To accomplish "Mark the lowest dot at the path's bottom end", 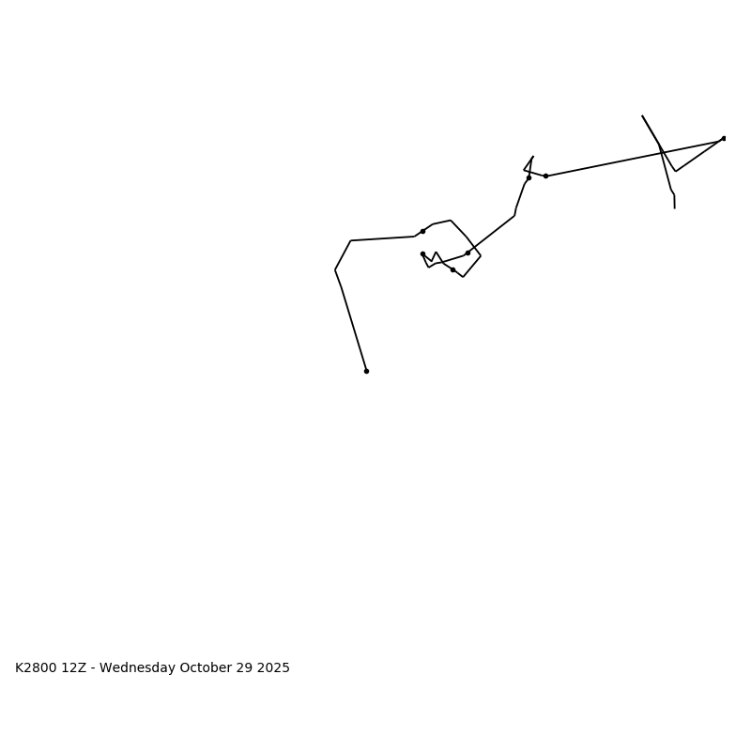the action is (366, 371).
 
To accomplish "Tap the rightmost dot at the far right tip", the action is (723, 138).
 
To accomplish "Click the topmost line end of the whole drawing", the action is (642, 115).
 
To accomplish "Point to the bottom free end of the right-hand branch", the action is (674, 207).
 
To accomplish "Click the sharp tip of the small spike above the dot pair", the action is (533, 156).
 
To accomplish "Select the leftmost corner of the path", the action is (335, 269).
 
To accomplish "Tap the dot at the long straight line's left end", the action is (545, 176).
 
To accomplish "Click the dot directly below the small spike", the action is (529, 177).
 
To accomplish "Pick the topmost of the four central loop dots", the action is (422, 231).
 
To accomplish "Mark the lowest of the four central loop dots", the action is (452, 269).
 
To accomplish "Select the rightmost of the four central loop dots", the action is (467, 253).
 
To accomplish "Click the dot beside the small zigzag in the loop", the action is (422, 253).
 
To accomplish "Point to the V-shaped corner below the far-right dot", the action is (676, 171).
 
